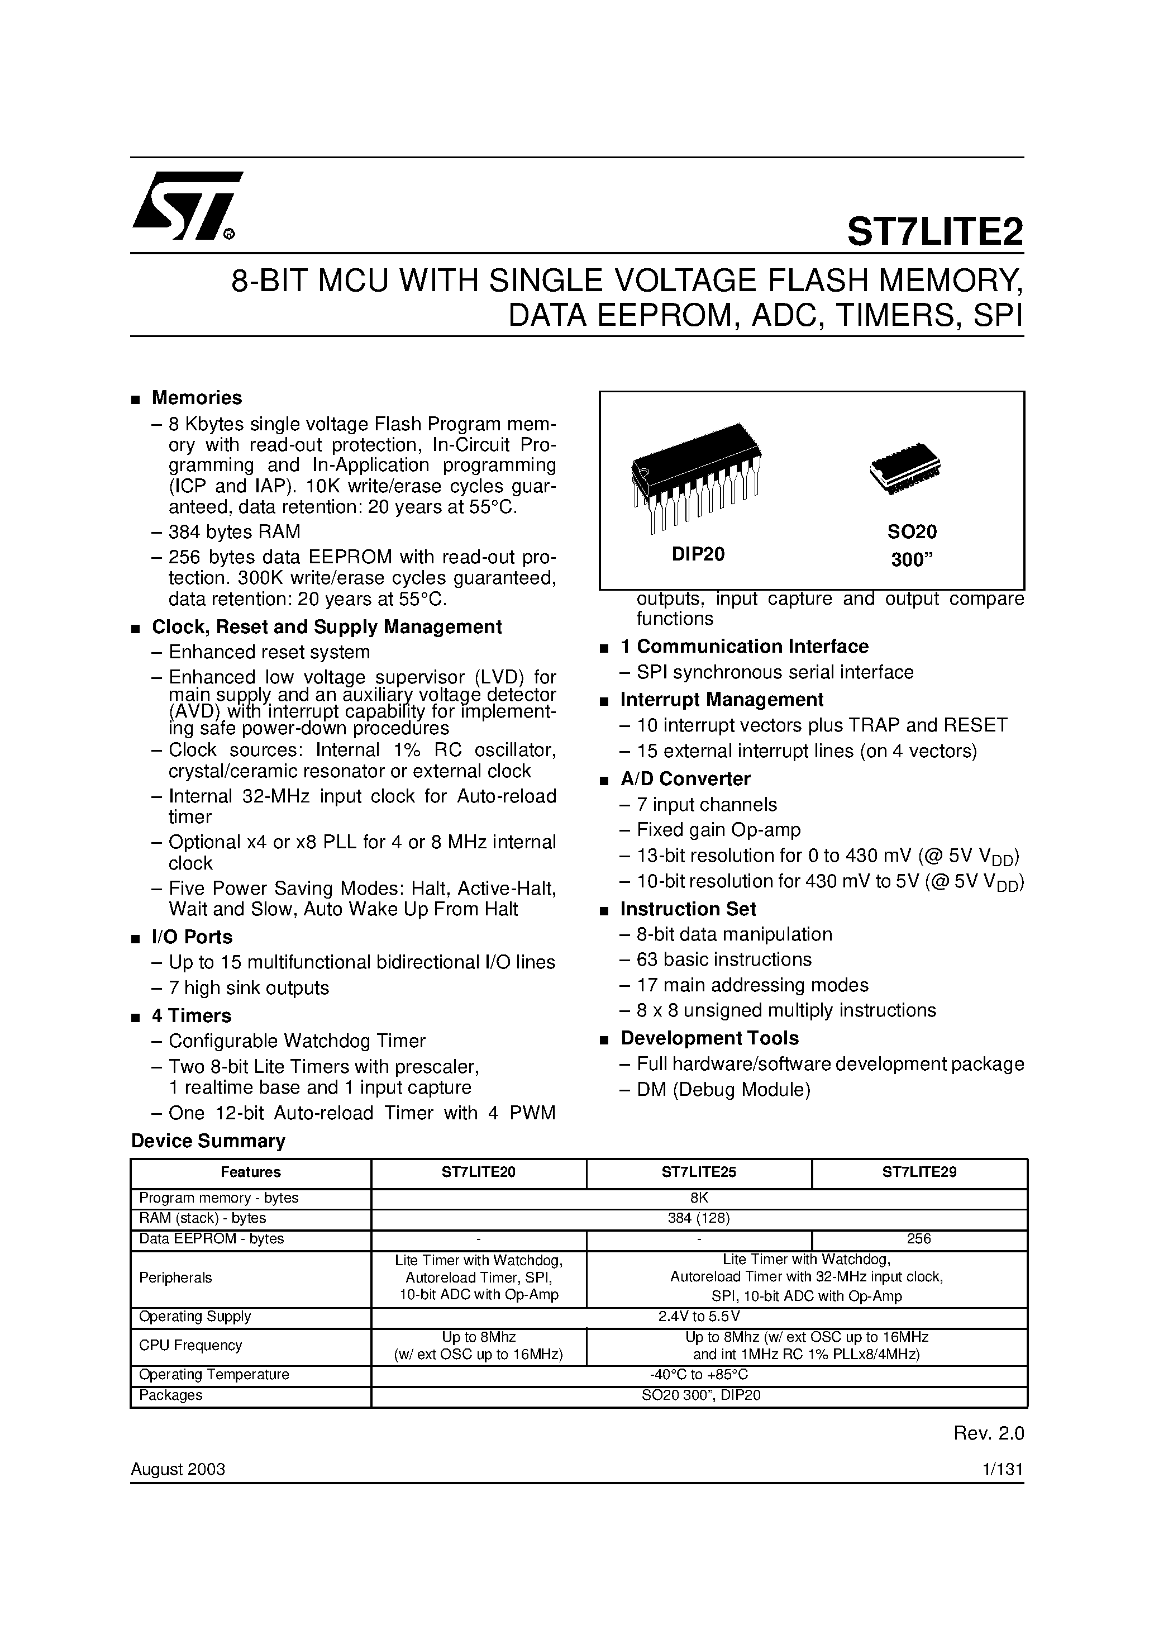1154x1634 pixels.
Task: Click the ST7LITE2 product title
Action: coord(934,231)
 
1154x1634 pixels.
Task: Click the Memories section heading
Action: coord(197,398)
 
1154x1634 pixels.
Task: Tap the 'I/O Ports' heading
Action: coord(192,937)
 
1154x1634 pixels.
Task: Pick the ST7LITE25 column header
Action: coord(699,1172)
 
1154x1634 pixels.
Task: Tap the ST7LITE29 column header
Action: coord(919,1172)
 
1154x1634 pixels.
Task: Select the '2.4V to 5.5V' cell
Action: coord(699,1317)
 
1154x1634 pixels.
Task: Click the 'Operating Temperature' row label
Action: coord(214,1375)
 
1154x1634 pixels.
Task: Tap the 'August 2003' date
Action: coord(178,1470)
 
